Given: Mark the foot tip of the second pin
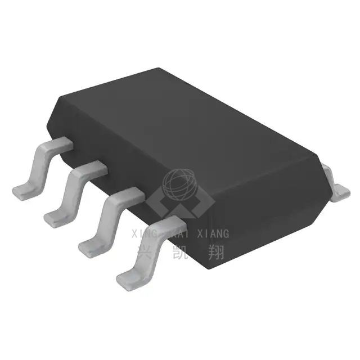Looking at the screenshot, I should tap(53, 217).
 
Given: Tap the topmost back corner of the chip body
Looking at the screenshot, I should tap(159, 69).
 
